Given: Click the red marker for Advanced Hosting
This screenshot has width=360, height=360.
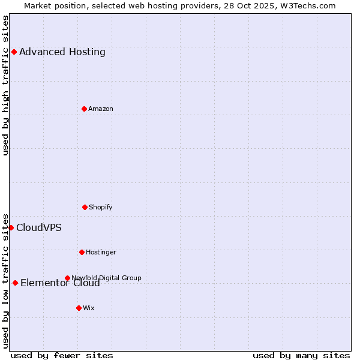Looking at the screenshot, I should pos(14,52).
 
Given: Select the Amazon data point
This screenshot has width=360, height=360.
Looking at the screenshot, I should pos(84,109).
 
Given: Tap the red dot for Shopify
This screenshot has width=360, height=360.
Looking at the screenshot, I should pos(85,207).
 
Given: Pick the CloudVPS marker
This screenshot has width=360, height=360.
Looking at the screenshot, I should pos(11,227).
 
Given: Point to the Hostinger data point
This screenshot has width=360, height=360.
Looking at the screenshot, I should pos(82,252).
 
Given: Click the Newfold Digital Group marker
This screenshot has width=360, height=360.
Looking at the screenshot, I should pos(67,278).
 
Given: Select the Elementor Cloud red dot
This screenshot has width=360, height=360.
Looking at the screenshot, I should pos(15,283).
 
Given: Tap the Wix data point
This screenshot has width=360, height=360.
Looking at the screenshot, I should pos(79,308).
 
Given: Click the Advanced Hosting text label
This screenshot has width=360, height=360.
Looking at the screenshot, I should pos(62,52).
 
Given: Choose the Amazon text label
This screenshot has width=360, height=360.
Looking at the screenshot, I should pos(101,109).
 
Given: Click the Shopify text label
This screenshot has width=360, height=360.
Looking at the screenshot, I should pos(101,207).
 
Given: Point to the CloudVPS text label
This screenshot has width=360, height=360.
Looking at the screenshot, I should pos(39,227).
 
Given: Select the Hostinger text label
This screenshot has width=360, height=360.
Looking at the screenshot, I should pos(101,252).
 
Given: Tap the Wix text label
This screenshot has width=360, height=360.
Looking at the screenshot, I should pos(89,308).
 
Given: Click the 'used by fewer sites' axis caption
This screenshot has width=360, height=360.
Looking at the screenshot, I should pos(62,355).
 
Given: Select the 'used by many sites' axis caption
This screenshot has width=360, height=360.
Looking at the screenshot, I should pos(301,355).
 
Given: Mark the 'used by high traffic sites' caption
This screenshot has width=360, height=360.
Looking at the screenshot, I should pos(5,85).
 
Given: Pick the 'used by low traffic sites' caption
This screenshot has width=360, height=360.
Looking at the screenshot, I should pos(5,280).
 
